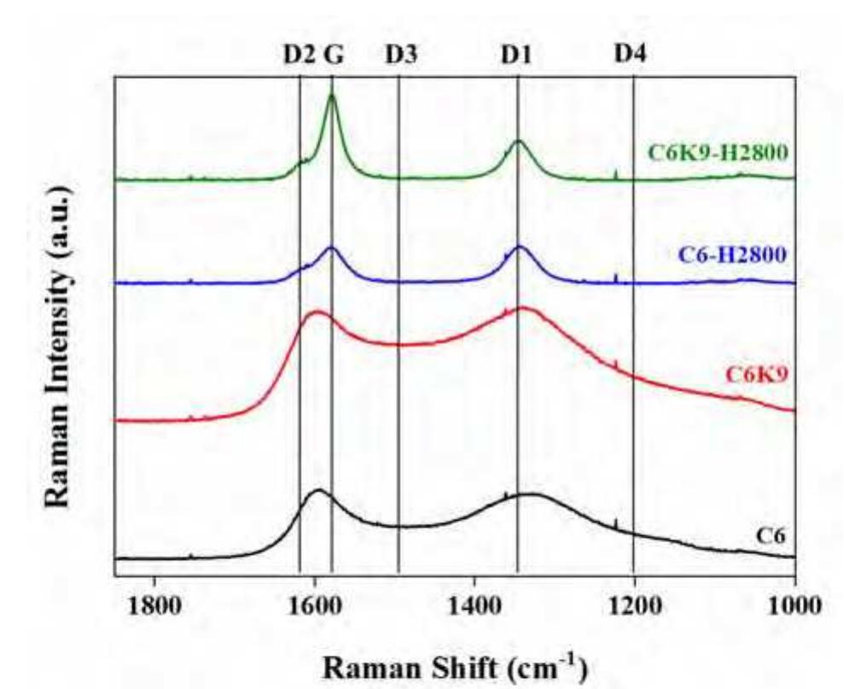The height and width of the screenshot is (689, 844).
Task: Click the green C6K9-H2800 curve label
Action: tap(716, 153)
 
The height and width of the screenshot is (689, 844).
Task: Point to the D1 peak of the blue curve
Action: tap(519, 247)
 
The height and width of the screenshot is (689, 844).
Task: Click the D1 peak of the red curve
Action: tap(521, 308)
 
